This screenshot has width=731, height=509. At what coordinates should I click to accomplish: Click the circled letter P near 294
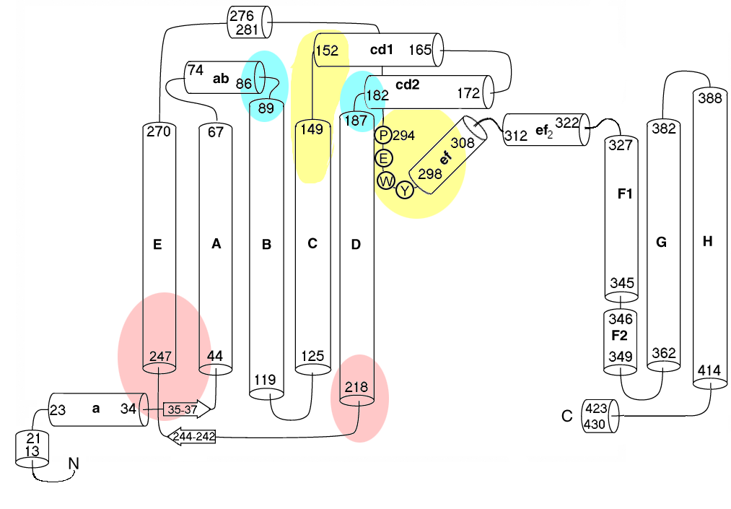click(384, 135)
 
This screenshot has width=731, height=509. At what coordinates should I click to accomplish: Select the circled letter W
click(385, 180)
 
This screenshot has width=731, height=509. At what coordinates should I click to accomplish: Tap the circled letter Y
click(406, 190)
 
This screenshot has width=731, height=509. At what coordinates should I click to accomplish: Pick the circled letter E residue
click(384, 157)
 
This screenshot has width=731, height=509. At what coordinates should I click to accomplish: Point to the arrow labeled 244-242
click(192, 436)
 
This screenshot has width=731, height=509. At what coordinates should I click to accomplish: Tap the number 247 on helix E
click(160, 357)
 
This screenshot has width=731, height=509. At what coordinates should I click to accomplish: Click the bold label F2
click(620, 336)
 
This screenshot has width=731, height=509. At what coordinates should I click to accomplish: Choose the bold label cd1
click(381, 50)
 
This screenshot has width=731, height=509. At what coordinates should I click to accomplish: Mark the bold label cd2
click(407, 84)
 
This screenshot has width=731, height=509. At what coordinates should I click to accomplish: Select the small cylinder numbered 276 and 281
click(250, 22)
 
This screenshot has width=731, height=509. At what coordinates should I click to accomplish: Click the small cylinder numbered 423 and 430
click(601, 415)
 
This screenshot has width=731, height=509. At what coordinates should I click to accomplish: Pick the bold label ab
click(220, 79)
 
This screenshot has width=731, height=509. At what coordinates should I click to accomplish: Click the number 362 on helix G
click(664, 353)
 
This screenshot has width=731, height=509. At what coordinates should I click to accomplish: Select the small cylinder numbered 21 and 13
click(32, 448)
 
